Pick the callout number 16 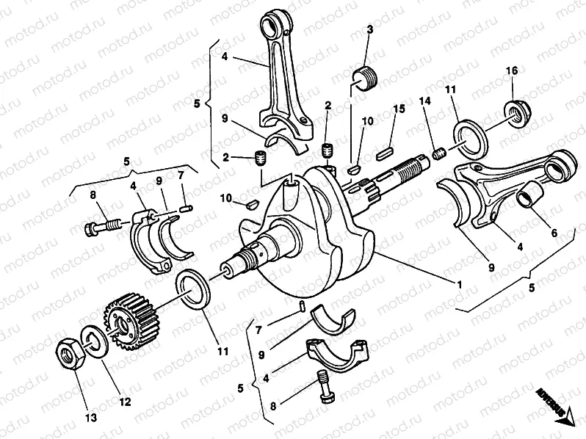511,70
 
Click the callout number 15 399,109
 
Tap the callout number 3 369,29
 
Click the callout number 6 554,233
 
